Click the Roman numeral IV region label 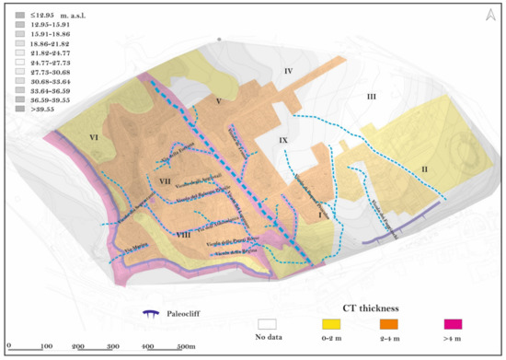click(x=288, y=71)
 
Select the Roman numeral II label click(x=424, y=168)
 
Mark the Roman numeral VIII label click(x=183, y=235)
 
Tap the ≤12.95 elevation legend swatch click(x=20, y=15)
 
